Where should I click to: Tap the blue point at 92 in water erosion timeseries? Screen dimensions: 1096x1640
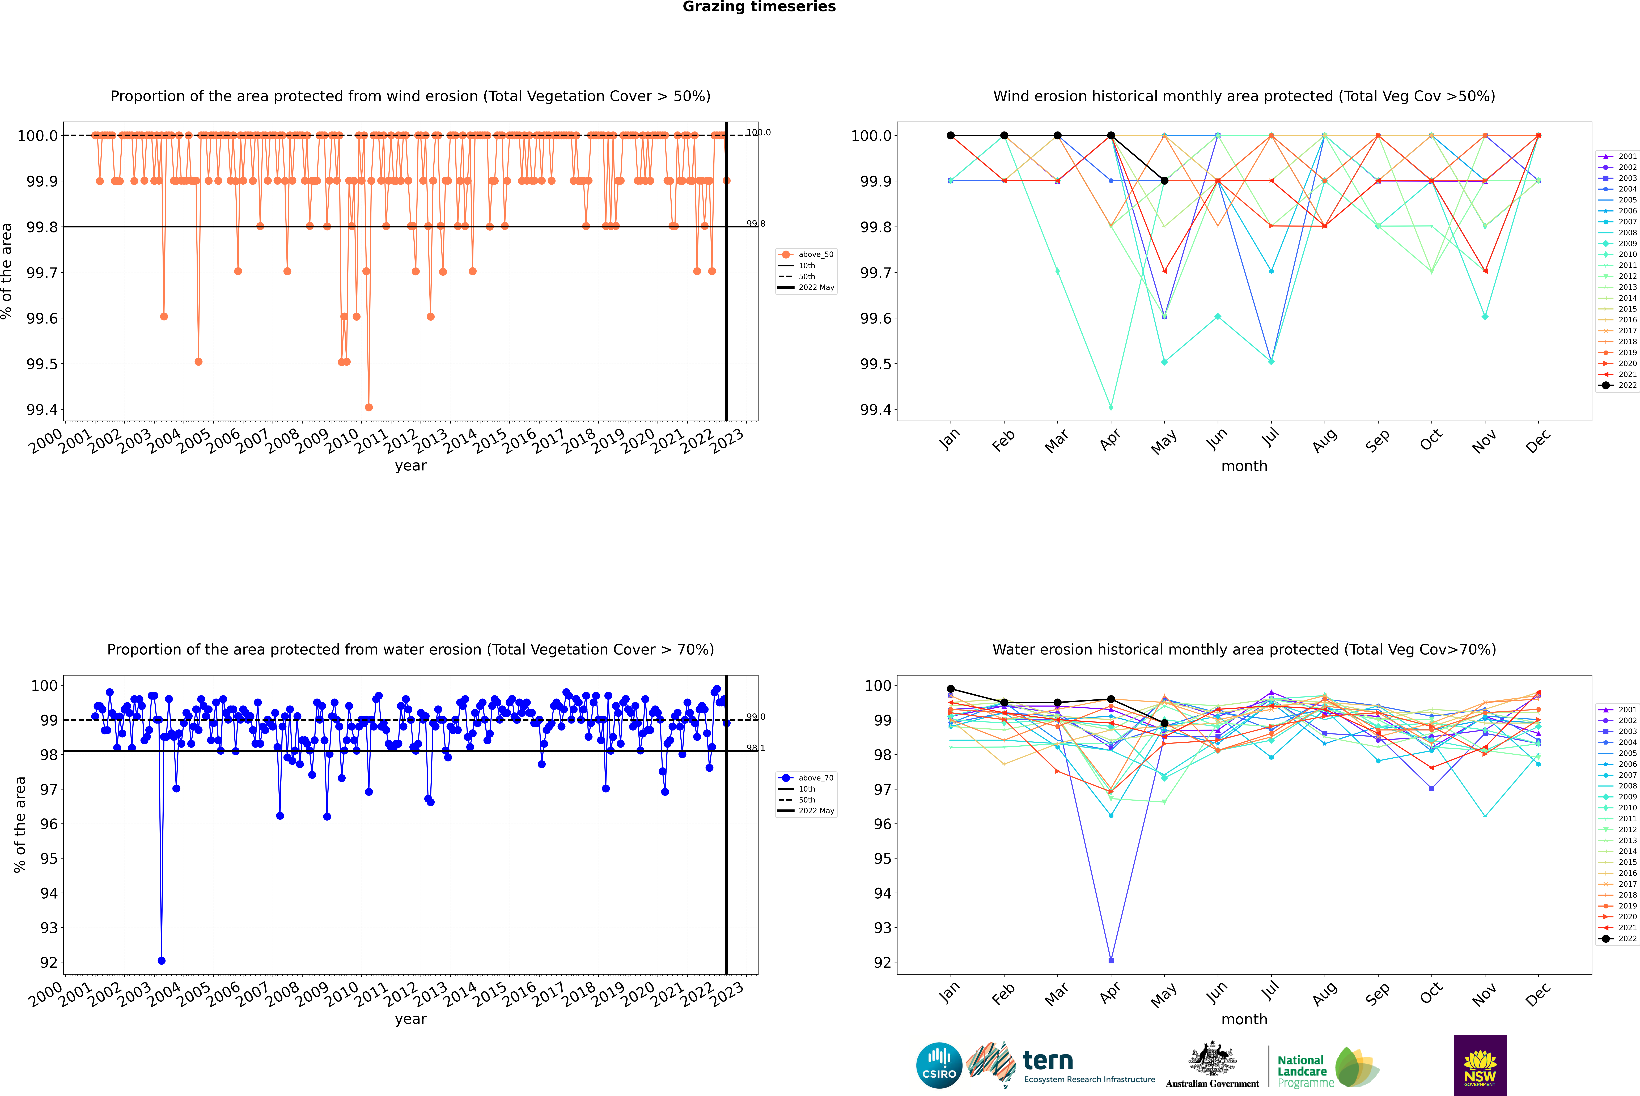tap(162, 960)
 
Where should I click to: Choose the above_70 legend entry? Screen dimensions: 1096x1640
tap(805, 778)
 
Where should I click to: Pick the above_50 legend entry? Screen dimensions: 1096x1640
tap(805, 254)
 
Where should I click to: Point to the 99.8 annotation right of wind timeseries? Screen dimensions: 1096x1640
tap(756, 224)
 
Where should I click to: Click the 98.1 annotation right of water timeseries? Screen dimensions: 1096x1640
tap(756, 748)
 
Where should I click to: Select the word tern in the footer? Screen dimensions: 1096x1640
tap(1047, 1060)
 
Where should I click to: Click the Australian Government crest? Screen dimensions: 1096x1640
tap(1211, 1059)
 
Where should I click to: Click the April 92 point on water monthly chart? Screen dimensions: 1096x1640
tap(1111, 960)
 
